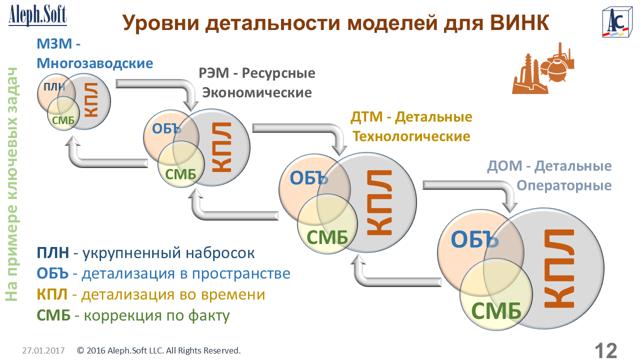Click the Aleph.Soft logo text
click(x=37, y=14)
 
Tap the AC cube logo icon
click(x=616, y=22)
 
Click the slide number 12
click(x=605, y=350)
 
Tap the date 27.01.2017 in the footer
click(x=43, y=350)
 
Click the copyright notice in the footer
click(x=159, y=350)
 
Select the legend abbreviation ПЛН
click(x=53, y=253)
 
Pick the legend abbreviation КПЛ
click(x=52, y=295)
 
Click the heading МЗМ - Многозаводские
click(x=94, y=54)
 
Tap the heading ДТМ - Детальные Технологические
click(x=411, y=127)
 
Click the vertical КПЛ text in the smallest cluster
click(x=91, y=100)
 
